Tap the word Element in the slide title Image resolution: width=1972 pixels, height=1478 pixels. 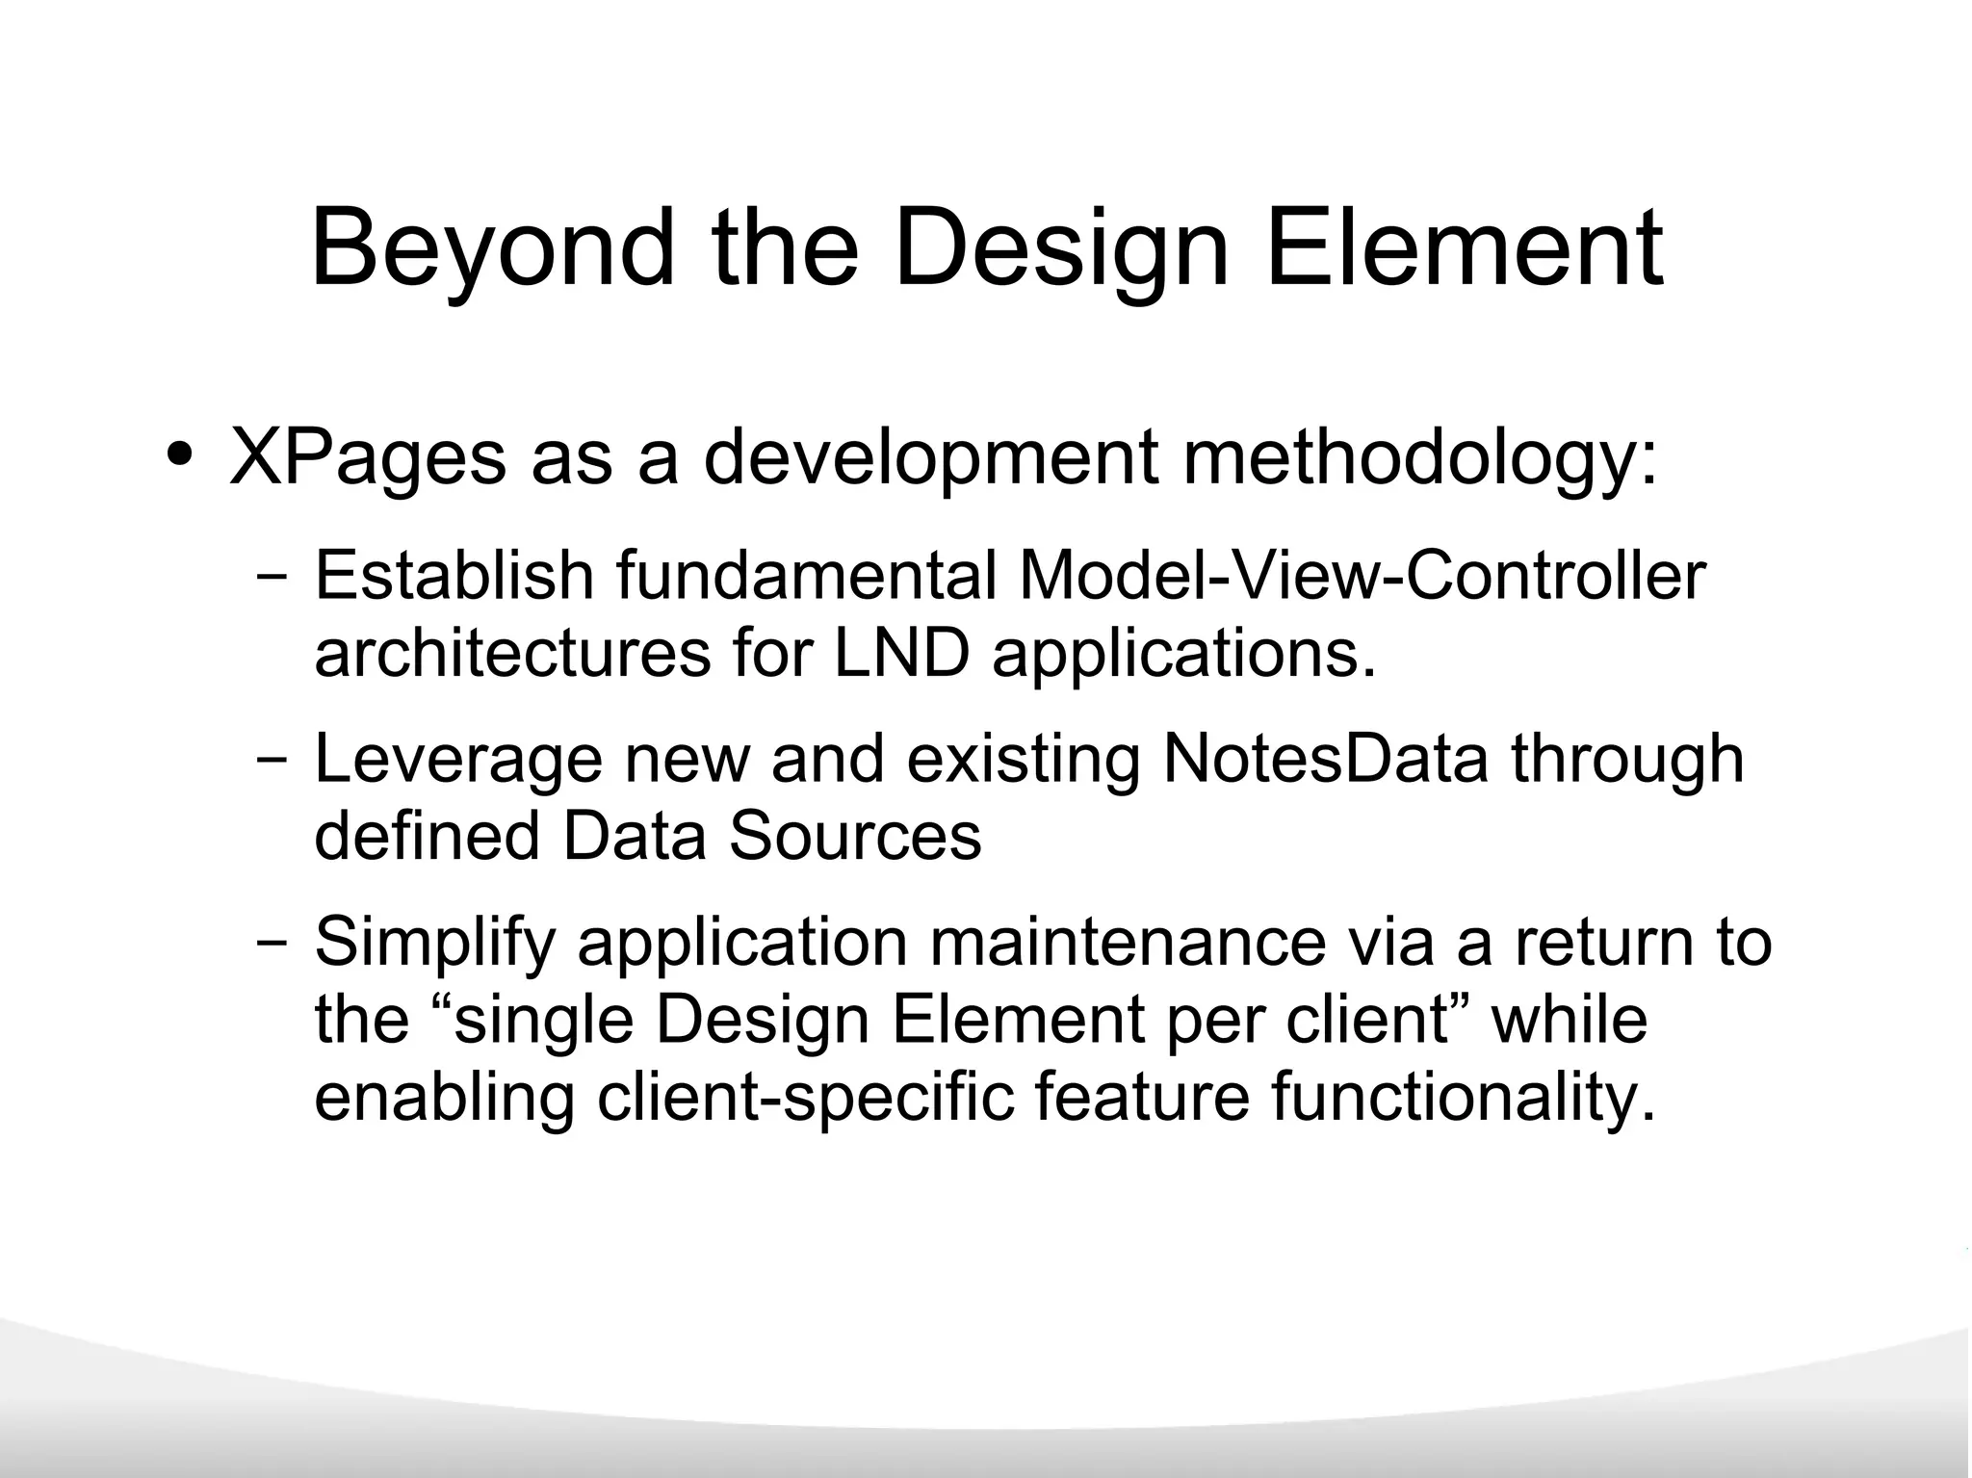1464,248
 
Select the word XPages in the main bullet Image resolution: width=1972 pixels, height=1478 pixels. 367,457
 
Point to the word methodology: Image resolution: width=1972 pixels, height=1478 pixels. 1420,457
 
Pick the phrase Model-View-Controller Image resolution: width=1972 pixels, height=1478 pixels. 1362,576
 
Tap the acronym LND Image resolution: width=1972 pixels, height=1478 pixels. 901,654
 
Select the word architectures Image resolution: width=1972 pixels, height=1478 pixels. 512,654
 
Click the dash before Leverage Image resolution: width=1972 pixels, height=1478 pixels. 272,760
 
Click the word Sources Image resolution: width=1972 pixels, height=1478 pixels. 855,836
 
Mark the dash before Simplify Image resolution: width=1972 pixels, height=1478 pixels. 272,943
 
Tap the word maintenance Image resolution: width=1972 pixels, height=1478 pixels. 1128,942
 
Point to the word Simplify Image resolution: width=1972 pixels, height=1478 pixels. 435,944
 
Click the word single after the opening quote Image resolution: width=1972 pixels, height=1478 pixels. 543,1021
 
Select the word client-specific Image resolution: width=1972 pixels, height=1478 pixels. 805,1098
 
